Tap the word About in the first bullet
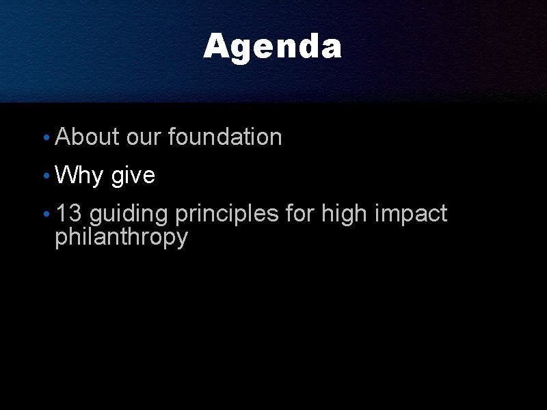coord(88,136)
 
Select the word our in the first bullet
coord(144,139)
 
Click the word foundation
coord(225,136)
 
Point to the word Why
coord(79,176)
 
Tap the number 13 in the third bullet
coord(69,213)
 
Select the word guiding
coord(129,214)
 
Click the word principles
coord(227,214)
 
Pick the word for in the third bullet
coord(299,213)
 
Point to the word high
coord(344,214)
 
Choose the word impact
coord(411,214)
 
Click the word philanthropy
coord(122,238)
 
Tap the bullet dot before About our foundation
coord(46,137)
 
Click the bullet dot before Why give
coord(46,176)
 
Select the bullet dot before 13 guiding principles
coord(46,214)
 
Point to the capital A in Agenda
coord(216,46)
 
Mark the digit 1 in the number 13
coord(61,213)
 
